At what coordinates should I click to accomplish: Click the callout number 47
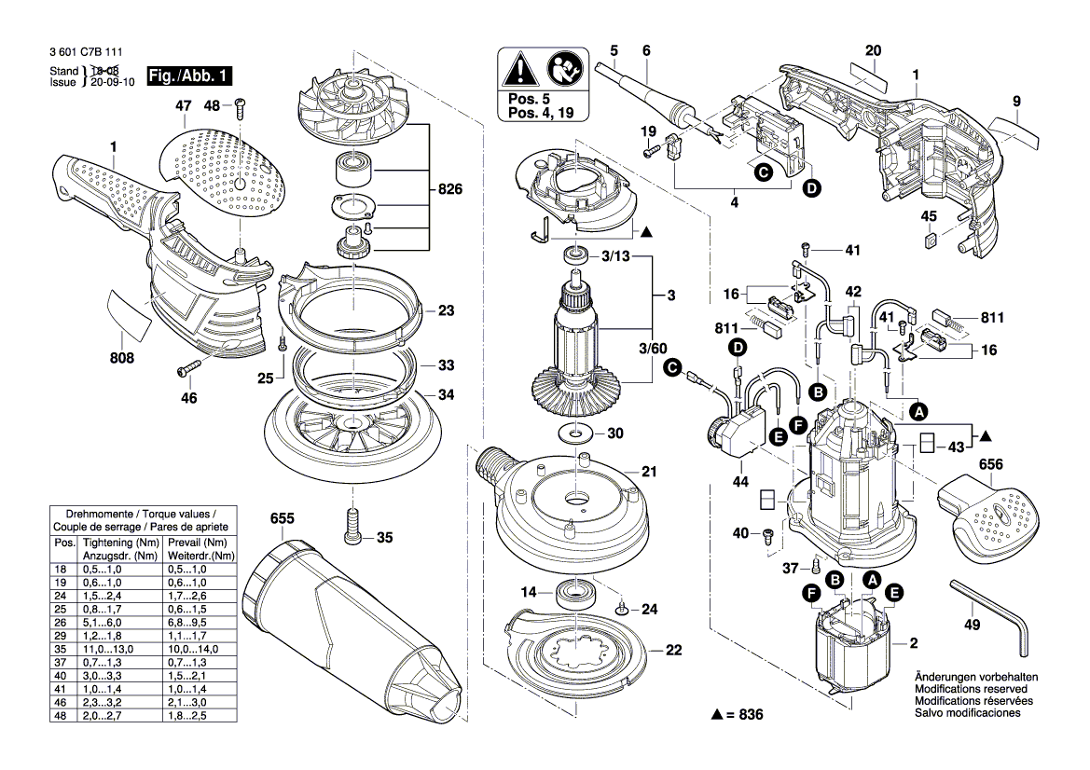183,107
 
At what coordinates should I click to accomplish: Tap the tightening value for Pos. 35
104,648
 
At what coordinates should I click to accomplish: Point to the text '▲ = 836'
737,714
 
